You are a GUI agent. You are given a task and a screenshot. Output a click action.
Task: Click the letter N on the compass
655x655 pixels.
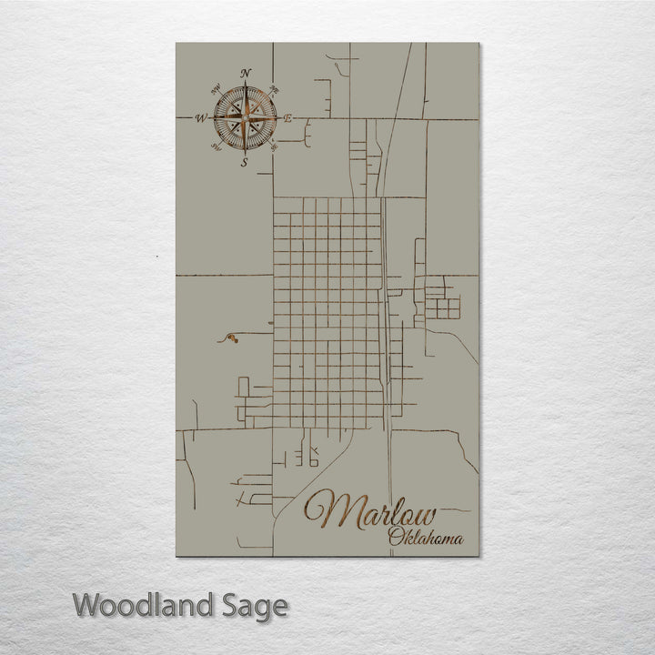pos(246,73)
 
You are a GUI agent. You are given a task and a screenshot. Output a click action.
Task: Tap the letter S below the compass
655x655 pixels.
pos(244,163)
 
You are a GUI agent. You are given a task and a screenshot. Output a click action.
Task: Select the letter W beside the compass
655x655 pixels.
pos(201,117)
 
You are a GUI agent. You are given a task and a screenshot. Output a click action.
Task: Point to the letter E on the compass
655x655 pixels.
pos(287,118)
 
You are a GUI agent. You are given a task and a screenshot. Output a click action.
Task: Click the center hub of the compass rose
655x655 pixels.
pos(245,117)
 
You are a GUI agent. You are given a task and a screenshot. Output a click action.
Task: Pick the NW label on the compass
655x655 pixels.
pos(216,88)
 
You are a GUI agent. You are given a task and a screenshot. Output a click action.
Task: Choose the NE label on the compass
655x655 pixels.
pos(274,88)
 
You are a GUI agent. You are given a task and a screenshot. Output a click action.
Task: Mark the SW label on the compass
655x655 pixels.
pos(216,146)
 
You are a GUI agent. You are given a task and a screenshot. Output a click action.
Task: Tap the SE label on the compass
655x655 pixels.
pos(274,146)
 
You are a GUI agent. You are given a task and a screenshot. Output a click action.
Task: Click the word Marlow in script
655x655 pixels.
pos(370,511)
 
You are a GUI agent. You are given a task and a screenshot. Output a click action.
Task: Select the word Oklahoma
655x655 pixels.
pos(425,538)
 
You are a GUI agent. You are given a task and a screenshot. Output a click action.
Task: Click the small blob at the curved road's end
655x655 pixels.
pos(231,340)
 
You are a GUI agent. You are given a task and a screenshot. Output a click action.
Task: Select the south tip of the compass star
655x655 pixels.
pos(245,152)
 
